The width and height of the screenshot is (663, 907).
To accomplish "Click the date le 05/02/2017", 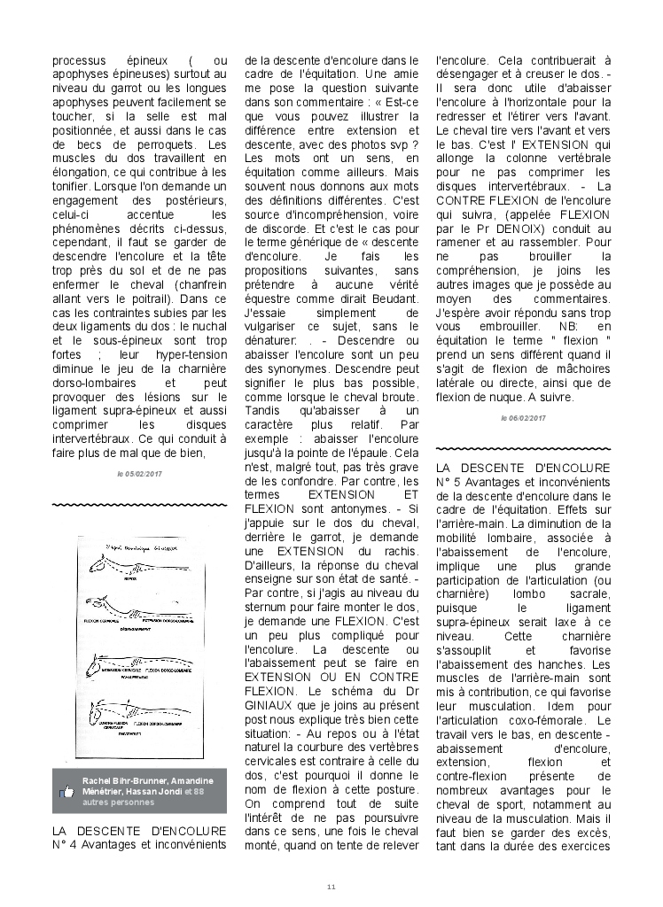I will [x=139, y=474].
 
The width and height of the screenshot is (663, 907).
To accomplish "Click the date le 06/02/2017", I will [x=523, y=417].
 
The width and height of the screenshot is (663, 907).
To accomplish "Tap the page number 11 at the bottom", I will [x=331, y=887].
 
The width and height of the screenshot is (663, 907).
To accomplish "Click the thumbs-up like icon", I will [x=66, y=791].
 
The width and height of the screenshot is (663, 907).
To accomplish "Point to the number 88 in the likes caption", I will [x=199, y=790].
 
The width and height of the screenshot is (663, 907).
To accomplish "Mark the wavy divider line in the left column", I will [x=139, y=505].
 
